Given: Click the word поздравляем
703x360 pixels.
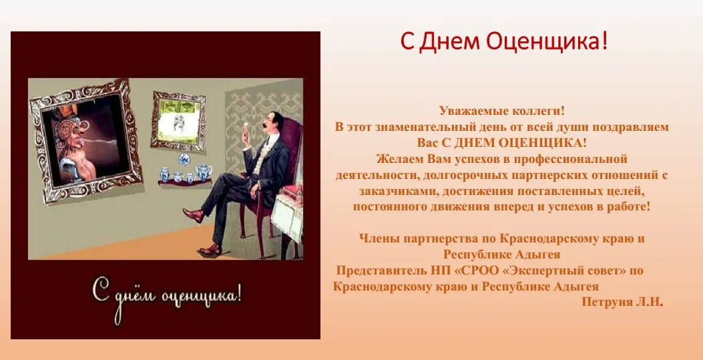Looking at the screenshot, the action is (630, 127).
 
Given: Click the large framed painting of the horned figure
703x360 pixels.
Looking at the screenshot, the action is (85, 140).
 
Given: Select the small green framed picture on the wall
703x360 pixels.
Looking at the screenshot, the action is (178, 120).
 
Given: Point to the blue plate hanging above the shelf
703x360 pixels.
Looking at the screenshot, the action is (184, 159).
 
